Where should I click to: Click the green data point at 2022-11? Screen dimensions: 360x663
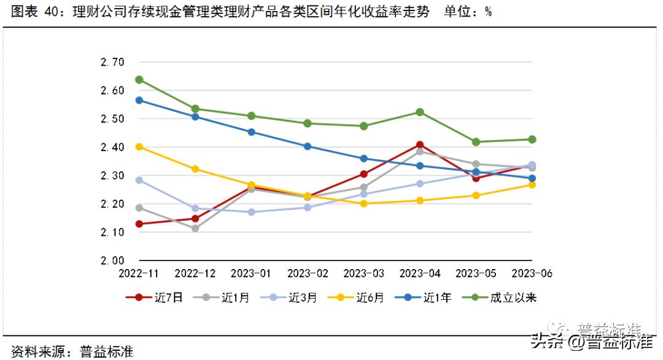tap(139, 80)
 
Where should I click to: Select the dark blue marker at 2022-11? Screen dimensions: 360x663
tap(139, 100)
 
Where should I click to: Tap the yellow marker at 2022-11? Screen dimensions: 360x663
tap(139, 147)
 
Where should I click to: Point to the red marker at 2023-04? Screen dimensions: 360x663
tap(420, 145)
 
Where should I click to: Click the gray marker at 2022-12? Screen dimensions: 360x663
tap(195, 229)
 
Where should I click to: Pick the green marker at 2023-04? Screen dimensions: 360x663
tap(420, 112)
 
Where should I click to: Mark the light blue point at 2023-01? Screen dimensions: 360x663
tap(252, 212)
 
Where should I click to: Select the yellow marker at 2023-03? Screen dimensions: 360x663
tap(363, 203)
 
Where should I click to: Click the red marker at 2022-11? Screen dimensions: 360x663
tap(139, 224)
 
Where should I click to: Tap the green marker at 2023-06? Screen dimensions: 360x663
tap(532, 139)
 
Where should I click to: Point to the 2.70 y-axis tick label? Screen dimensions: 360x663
tap(112, 62)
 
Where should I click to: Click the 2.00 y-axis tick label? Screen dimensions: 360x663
tap(112, 260)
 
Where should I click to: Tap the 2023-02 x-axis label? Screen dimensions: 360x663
tap(308, 273)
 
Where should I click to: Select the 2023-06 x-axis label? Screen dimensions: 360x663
tap(531, 273)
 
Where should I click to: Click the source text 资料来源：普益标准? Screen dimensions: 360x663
tap(69, 351)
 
